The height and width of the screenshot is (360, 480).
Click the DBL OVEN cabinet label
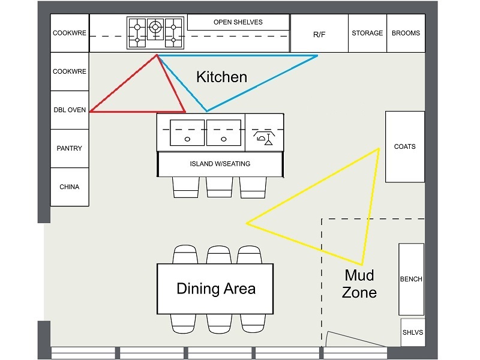coord(70,110)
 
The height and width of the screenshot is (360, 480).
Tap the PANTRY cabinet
coord(70,148)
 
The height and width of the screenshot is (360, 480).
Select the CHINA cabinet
coord(70,187)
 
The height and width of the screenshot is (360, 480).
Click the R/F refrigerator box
coord(319,34)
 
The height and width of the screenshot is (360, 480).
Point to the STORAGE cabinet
coord(367,34)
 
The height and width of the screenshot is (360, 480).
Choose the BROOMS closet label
coord(406,34)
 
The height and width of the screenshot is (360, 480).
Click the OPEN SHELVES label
coord(238,22)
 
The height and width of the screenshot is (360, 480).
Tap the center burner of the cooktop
coord(156,26)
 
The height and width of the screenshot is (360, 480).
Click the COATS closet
coord(404,146)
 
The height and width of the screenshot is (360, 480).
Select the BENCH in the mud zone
coord(411,279)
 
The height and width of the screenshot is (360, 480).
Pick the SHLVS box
coord(412,332)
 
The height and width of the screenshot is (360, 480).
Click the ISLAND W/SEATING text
coord(220,164)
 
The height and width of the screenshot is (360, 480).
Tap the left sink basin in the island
coord(188,133)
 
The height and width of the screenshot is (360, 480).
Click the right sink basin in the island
coord(224,133)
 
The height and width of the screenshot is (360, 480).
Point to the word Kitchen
coord(222,77)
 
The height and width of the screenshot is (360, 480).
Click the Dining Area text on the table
coord(216,289)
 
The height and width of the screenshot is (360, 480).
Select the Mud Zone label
coord(359,284)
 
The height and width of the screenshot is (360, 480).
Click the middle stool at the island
coord(219,187)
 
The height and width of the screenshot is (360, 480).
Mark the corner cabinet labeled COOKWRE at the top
coord(70,34)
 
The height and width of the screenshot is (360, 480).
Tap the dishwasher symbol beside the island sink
coord(264,135)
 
